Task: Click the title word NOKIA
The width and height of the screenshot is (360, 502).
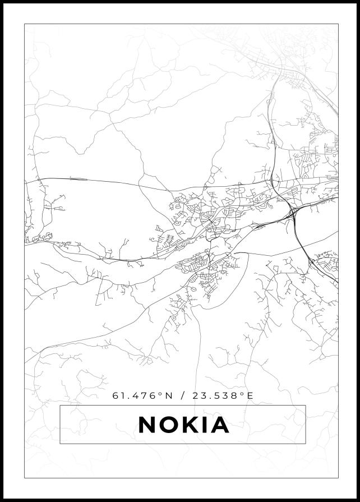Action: tap(184, 425)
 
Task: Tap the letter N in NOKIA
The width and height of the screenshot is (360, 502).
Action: tap(147, 425)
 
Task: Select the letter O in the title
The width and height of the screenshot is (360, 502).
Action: tap(170, 425)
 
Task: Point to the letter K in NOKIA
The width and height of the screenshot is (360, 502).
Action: tap(192, 425)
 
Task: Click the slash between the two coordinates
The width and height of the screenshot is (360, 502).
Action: tap(182, 395)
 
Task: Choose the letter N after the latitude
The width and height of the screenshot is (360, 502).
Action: tap(167, 395)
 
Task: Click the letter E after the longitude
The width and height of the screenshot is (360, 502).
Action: tap(250, 395)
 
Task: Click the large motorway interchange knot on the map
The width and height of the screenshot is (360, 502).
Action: tap(293, 213)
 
